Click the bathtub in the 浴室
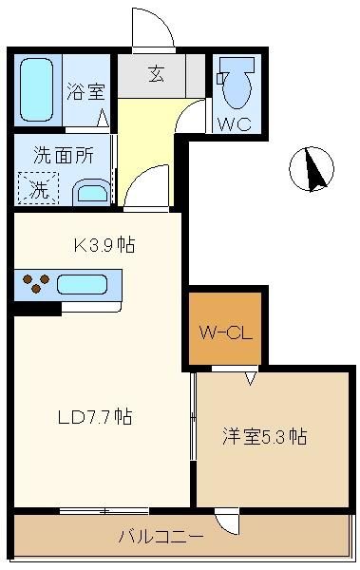[36, 89]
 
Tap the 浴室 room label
[85, 91]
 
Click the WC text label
[235, 124]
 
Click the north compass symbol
[312, 169]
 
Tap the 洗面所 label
[64, 155]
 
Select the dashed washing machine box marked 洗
[38, 188]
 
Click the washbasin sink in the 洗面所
[92, 192]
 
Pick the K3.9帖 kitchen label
[104, 245]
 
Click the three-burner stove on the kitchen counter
[36, 283]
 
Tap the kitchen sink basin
[83, 284]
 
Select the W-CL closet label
[225, 332]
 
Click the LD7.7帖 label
[95, 417]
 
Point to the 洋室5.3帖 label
[264, 437]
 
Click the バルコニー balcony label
[161, 537]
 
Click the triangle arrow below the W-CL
[250, 378]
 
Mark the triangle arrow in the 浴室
[103, 118]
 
